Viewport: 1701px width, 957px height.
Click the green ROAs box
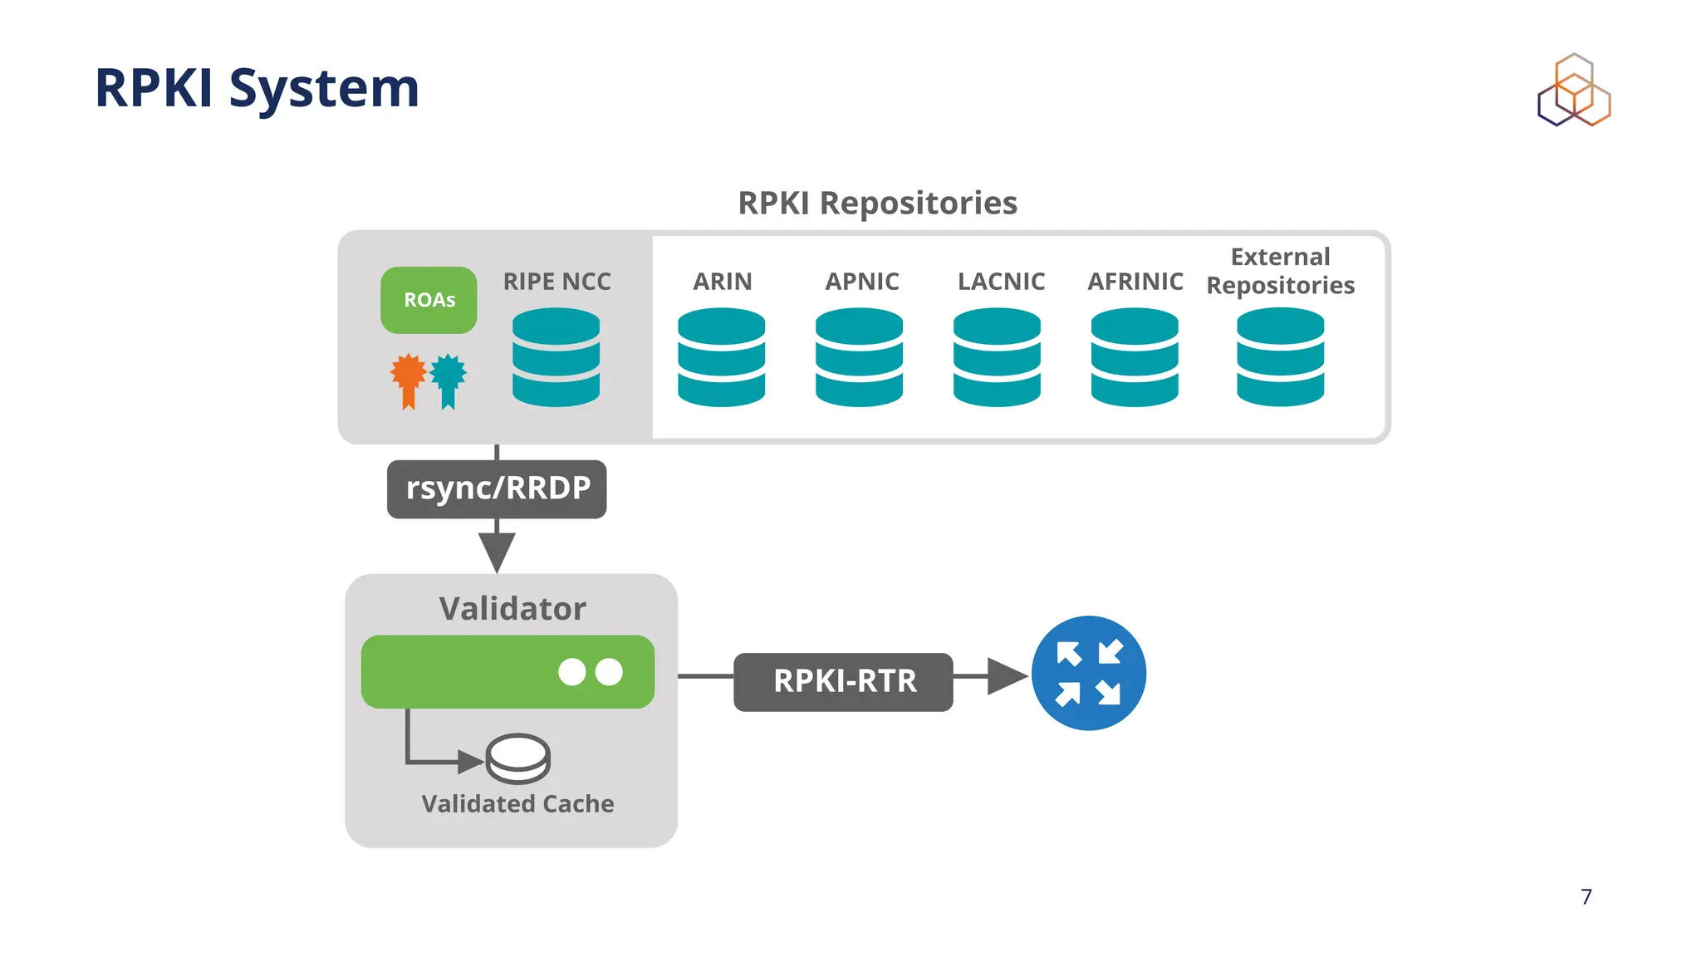[429, 300]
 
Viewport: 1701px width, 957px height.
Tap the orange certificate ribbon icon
[408, 378]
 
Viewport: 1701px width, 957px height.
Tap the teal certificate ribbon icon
[449, 378]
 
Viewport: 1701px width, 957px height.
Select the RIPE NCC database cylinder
[556, 357]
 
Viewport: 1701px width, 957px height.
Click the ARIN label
[722, 282]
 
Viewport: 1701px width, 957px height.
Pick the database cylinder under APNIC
[859, 357]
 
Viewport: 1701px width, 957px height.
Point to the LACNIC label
[1001, 282]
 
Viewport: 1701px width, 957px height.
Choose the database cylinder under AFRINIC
[1134, 357]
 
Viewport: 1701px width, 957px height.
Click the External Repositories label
[1280, 271]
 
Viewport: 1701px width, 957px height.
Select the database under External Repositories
[1280, 357]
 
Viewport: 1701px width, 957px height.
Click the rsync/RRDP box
[497, 488]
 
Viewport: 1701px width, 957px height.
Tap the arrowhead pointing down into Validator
[497, 550]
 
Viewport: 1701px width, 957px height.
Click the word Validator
[512, 609]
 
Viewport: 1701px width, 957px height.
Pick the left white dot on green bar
[572, 672]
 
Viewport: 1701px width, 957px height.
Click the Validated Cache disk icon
[517, 758]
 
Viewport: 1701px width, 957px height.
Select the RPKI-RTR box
[843, 681]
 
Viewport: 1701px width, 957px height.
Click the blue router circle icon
[1088, 673]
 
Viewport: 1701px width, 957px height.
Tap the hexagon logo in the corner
[1573, 91]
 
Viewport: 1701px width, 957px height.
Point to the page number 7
[1586, 897]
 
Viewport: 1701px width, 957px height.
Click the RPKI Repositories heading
[877, 204]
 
